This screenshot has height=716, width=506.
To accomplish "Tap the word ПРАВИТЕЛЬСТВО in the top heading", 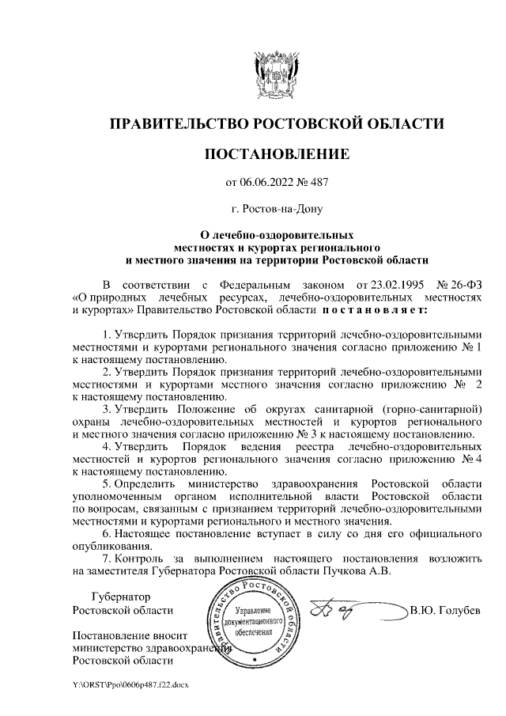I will (x=178, y=124).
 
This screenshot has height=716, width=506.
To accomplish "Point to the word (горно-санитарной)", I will (x=429, y=409).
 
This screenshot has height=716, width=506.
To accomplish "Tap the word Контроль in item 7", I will (x=140, y=559).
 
